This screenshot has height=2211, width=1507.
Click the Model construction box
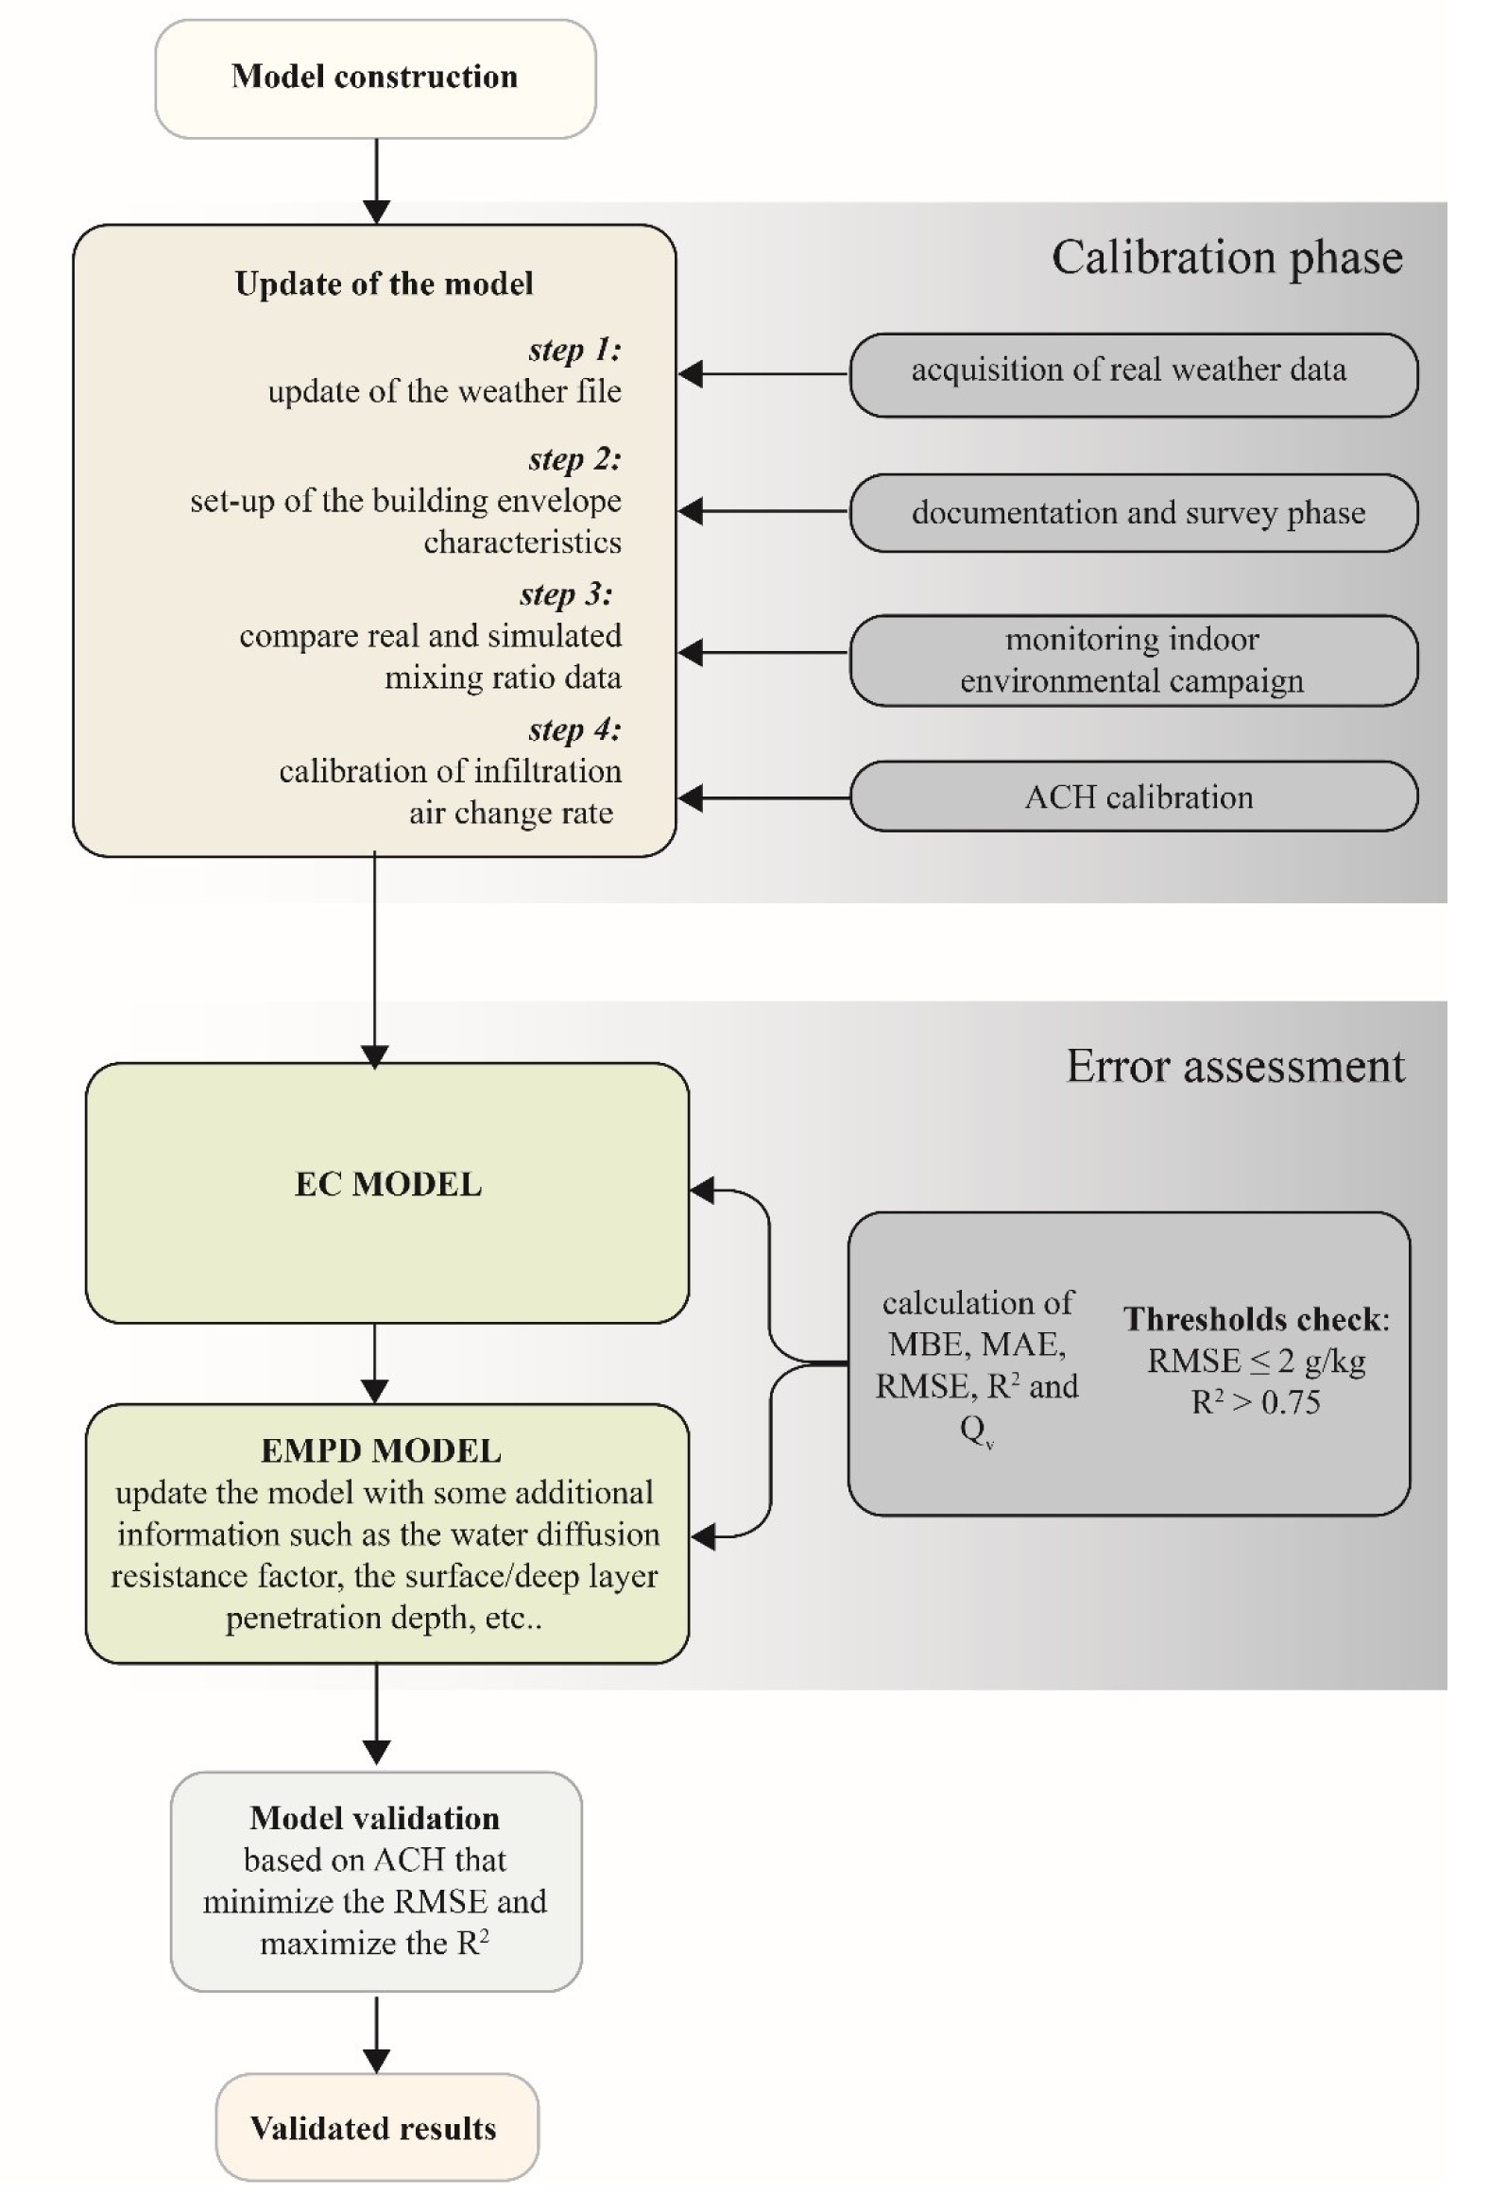point(375,78)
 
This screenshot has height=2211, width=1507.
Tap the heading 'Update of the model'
point(384,283)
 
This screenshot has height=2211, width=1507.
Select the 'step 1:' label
point(574,351)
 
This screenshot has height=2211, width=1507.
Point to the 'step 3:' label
point(566,594)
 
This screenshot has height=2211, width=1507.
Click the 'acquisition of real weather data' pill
point(1133,375)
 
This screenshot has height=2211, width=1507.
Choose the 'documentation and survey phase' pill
point(1133,513)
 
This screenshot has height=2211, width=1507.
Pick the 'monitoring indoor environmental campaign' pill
point(1133,660)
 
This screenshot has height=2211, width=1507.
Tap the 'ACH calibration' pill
point(1133,797)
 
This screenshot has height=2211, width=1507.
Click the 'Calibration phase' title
point(1226,258)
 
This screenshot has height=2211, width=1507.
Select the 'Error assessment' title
point(1235,1067)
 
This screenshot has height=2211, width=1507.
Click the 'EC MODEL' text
point(388,1185)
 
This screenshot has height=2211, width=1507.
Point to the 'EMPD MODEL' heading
point(381,1450)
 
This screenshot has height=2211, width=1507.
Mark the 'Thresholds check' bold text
point(1253,1319)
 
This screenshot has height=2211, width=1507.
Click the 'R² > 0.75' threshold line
point(1256,1401)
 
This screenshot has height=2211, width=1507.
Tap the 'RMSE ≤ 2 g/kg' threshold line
point(1256,1361)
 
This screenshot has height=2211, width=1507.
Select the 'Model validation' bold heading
point(375,1818)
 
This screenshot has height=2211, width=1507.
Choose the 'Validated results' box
point(377,2127)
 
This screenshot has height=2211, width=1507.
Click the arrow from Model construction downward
point(377,181)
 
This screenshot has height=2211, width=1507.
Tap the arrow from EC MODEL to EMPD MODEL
point(375,1363)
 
